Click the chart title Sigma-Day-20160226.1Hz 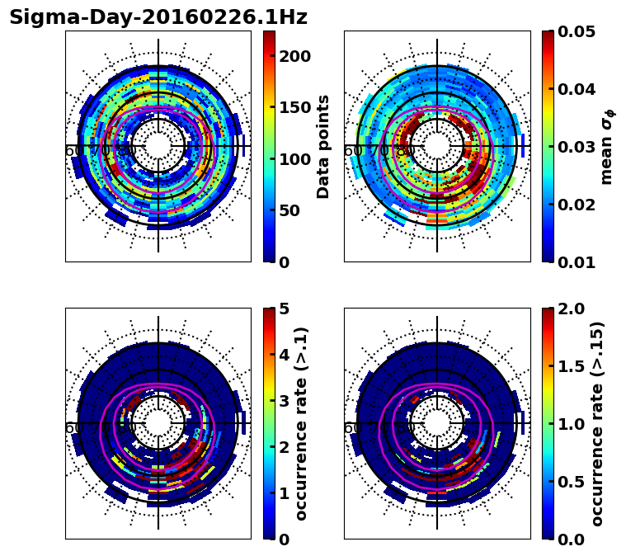pyautogui.click(x=158, y=17)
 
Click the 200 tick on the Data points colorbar pyautogui.click(x=294, y=56)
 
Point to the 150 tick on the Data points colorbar pyautogui.click(x=294, y=107)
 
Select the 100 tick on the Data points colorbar pyautogui.click(x=294, y=159)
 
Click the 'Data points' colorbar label pyautogui.click(x=323, y=147)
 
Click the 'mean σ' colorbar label pyautogui.click(x=606, y=147)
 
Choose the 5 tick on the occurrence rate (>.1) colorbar pyautogui.click(x=285, y=309)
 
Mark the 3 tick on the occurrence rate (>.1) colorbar pyautogui.click(x=285, y=401)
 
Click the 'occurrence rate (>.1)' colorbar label pyautogui.click(x=302, y=424)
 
